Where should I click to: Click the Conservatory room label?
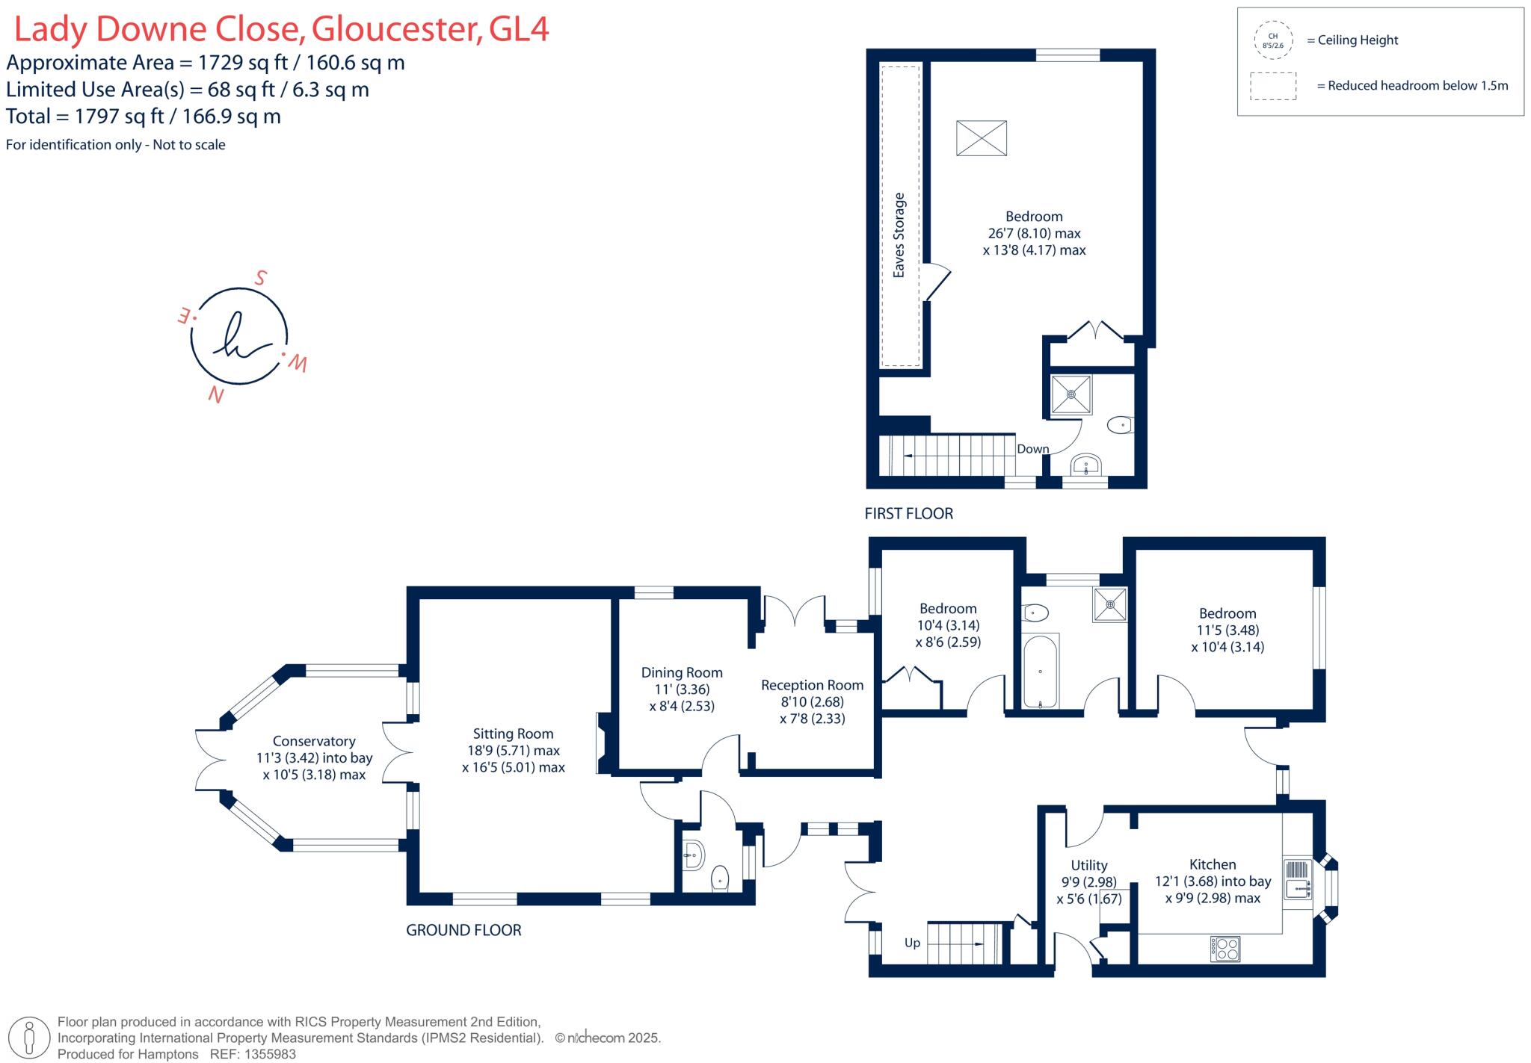(314, 741)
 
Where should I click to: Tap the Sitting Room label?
(513, 734)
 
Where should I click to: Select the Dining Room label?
(682, 672)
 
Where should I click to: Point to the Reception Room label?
(812, 685)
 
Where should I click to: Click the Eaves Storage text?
(899, 235)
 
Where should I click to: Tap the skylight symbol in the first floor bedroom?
(982, 138)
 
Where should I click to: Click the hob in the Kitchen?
(1225, 949)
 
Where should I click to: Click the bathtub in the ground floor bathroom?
(1040, 671)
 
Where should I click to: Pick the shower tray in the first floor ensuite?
(1071, 394)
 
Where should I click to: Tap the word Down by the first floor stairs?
(1032, 449)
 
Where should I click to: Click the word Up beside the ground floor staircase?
(912, 943)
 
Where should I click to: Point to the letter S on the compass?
(260, 279)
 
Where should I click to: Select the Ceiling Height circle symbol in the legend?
(1272, 40)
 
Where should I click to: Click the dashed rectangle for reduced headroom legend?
(1272, 86)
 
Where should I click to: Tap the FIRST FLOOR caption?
(908, 514)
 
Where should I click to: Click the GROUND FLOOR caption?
(463, 930)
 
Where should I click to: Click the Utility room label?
(1088, 865)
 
